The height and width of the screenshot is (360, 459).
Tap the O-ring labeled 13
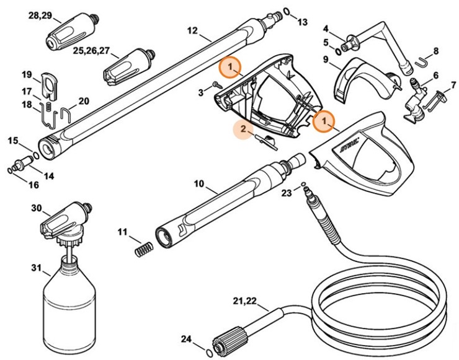coord(287,11)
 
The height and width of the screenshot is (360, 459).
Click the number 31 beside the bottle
coord(35,269)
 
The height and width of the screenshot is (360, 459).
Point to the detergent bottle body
coord(68,304)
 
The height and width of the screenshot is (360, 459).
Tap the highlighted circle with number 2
coord(244,128)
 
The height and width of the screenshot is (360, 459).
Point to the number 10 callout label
coord(198,184)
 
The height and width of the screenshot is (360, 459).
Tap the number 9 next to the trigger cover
coord(325,59)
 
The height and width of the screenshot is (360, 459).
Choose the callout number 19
coord(27,75)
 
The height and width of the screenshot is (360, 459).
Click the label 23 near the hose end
coord(285,193)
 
